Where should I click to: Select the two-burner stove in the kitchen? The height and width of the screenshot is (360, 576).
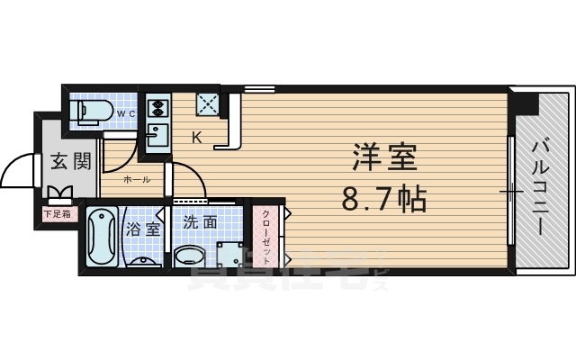[157, 109]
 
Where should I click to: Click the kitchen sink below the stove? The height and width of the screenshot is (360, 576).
[157, 138]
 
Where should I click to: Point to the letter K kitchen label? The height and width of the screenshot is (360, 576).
[196, 137]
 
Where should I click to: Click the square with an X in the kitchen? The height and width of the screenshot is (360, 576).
[209, 104]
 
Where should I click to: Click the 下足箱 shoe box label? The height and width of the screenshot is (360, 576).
[60, 213]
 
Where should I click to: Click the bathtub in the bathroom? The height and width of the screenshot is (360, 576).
[102, 237]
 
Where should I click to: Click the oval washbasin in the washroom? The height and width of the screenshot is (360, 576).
[190, 256]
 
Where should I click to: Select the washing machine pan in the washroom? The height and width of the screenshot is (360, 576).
[230, 254]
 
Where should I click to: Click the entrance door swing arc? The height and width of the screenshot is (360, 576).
[16, 175]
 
